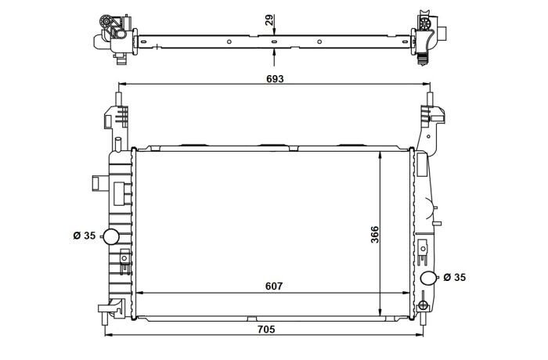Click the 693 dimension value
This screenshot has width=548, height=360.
[275, 79]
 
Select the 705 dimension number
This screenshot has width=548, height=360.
[266, 329]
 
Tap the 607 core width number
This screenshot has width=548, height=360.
[274, 286]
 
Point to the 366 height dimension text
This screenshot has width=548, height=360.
[374, 235]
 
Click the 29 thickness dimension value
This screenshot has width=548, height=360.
[269, 20]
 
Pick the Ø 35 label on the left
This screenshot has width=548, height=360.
[85, 236]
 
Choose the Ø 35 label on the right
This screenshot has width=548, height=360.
[455, 277]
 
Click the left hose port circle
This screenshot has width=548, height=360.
[112, 236]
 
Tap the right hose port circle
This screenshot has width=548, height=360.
[427, 278]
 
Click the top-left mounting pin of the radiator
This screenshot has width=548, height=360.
[118, 99]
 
